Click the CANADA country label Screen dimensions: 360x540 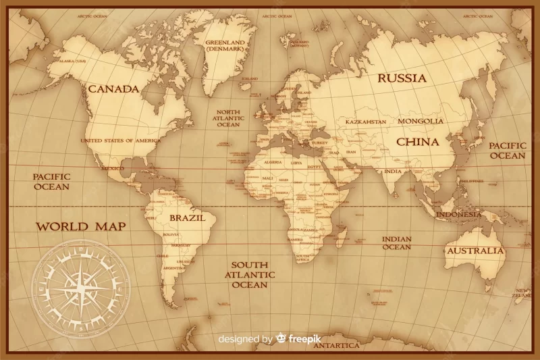pos(113,88)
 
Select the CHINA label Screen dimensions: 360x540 pos(417,142)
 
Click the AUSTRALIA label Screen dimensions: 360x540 pos(475,251)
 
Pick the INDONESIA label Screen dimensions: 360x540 pos(459,214)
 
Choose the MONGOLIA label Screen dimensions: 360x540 pos(421,122)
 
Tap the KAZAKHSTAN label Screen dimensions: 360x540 pos(366,122)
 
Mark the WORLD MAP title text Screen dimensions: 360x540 pos(80,226)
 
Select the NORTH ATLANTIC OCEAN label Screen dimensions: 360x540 pos(228,118)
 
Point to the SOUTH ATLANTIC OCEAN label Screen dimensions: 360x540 pos(250,275)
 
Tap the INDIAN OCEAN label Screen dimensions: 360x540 pos(396,243)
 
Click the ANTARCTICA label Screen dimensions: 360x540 pos(335,345)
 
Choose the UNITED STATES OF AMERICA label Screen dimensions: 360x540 pos(121,140)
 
